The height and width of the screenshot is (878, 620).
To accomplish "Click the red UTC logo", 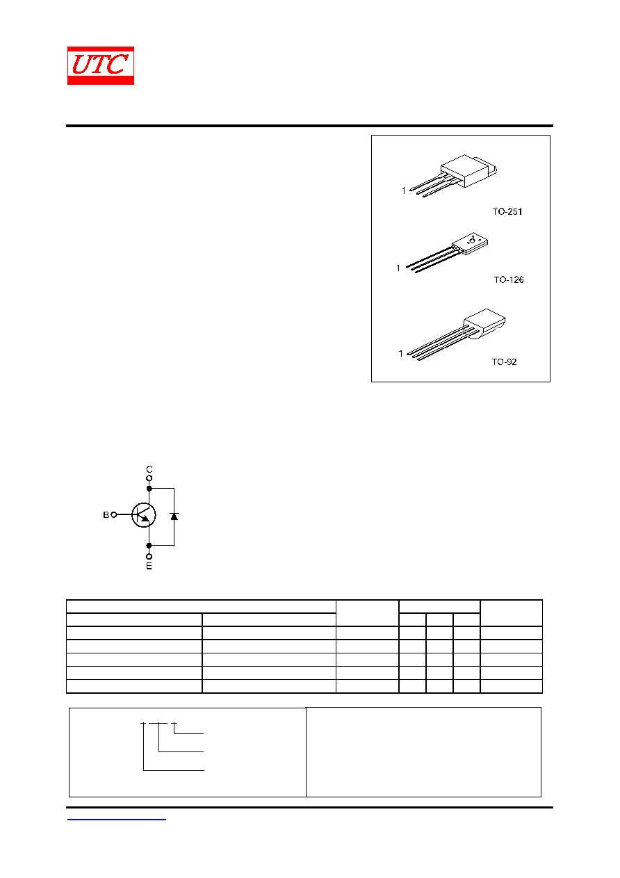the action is coord(101,65).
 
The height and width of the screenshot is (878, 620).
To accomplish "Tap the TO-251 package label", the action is coord(507,211).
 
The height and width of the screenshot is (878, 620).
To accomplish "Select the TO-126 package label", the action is coord(508,279).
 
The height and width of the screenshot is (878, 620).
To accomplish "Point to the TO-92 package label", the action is coord(504,361).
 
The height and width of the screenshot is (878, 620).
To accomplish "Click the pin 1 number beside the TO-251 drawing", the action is coord(404,191).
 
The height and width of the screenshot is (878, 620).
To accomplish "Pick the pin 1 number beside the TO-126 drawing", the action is coord(398,268).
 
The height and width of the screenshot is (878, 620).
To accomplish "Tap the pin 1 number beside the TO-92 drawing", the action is coord(400,354).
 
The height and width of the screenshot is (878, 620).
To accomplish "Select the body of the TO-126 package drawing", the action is coord(470,243).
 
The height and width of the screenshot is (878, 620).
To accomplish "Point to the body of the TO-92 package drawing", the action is coord(484,323).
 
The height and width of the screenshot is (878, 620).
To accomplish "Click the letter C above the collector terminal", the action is coord(149,469).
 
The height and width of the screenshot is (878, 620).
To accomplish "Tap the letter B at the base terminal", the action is coord(106,514).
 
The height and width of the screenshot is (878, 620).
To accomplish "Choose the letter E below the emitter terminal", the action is coord(149,566).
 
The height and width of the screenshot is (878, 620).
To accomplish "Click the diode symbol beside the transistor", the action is coord(174,517).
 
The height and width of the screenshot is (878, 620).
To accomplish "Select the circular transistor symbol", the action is coord(144,515).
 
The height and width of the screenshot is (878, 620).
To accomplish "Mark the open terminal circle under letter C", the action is coord(149,478).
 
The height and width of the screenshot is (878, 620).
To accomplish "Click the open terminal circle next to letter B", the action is coord(114,514).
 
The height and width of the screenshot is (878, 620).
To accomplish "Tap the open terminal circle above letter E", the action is coord(149,557).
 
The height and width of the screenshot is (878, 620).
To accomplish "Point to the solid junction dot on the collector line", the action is coord(149,489).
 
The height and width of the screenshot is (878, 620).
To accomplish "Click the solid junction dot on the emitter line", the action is coord(149,545).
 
